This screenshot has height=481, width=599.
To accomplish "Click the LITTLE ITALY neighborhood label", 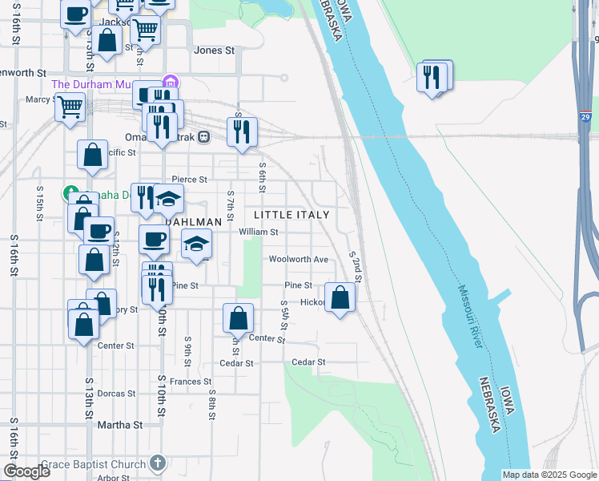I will click(291, 215).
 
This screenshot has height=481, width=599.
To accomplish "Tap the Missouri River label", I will click(471, 317).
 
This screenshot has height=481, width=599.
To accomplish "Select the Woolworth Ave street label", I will click(298, 260).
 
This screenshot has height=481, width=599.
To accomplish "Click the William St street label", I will click(258, 232).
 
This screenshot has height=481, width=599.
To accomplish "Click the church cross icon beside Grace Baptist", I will click(159, 463).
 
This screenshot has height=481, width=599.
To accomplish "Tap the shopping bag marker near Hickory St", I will click(340, 297).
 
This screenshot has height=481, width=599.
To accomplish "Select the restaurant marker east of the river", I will click(433, 77).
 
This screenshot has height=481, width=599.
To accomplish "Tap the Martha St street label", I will click(119, 425).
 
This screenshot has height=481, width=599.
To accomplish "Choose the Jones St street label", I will click(214, 50).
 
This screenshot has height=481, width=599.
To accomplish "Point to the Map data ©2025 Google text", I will click(549, 475).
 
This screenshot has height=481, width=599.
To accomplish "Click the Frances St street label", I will click(190, 382).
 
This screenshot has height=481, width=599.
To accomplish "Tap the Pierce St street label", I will click(190, 180).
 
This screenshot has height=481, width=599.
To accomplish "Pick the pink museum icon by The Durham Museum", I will click(169, 83).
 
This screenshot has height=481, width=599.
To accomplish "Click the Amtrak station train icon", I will click(204, 136).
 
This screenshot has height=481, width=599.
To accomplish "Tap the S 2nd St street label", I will click(356, 267).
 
